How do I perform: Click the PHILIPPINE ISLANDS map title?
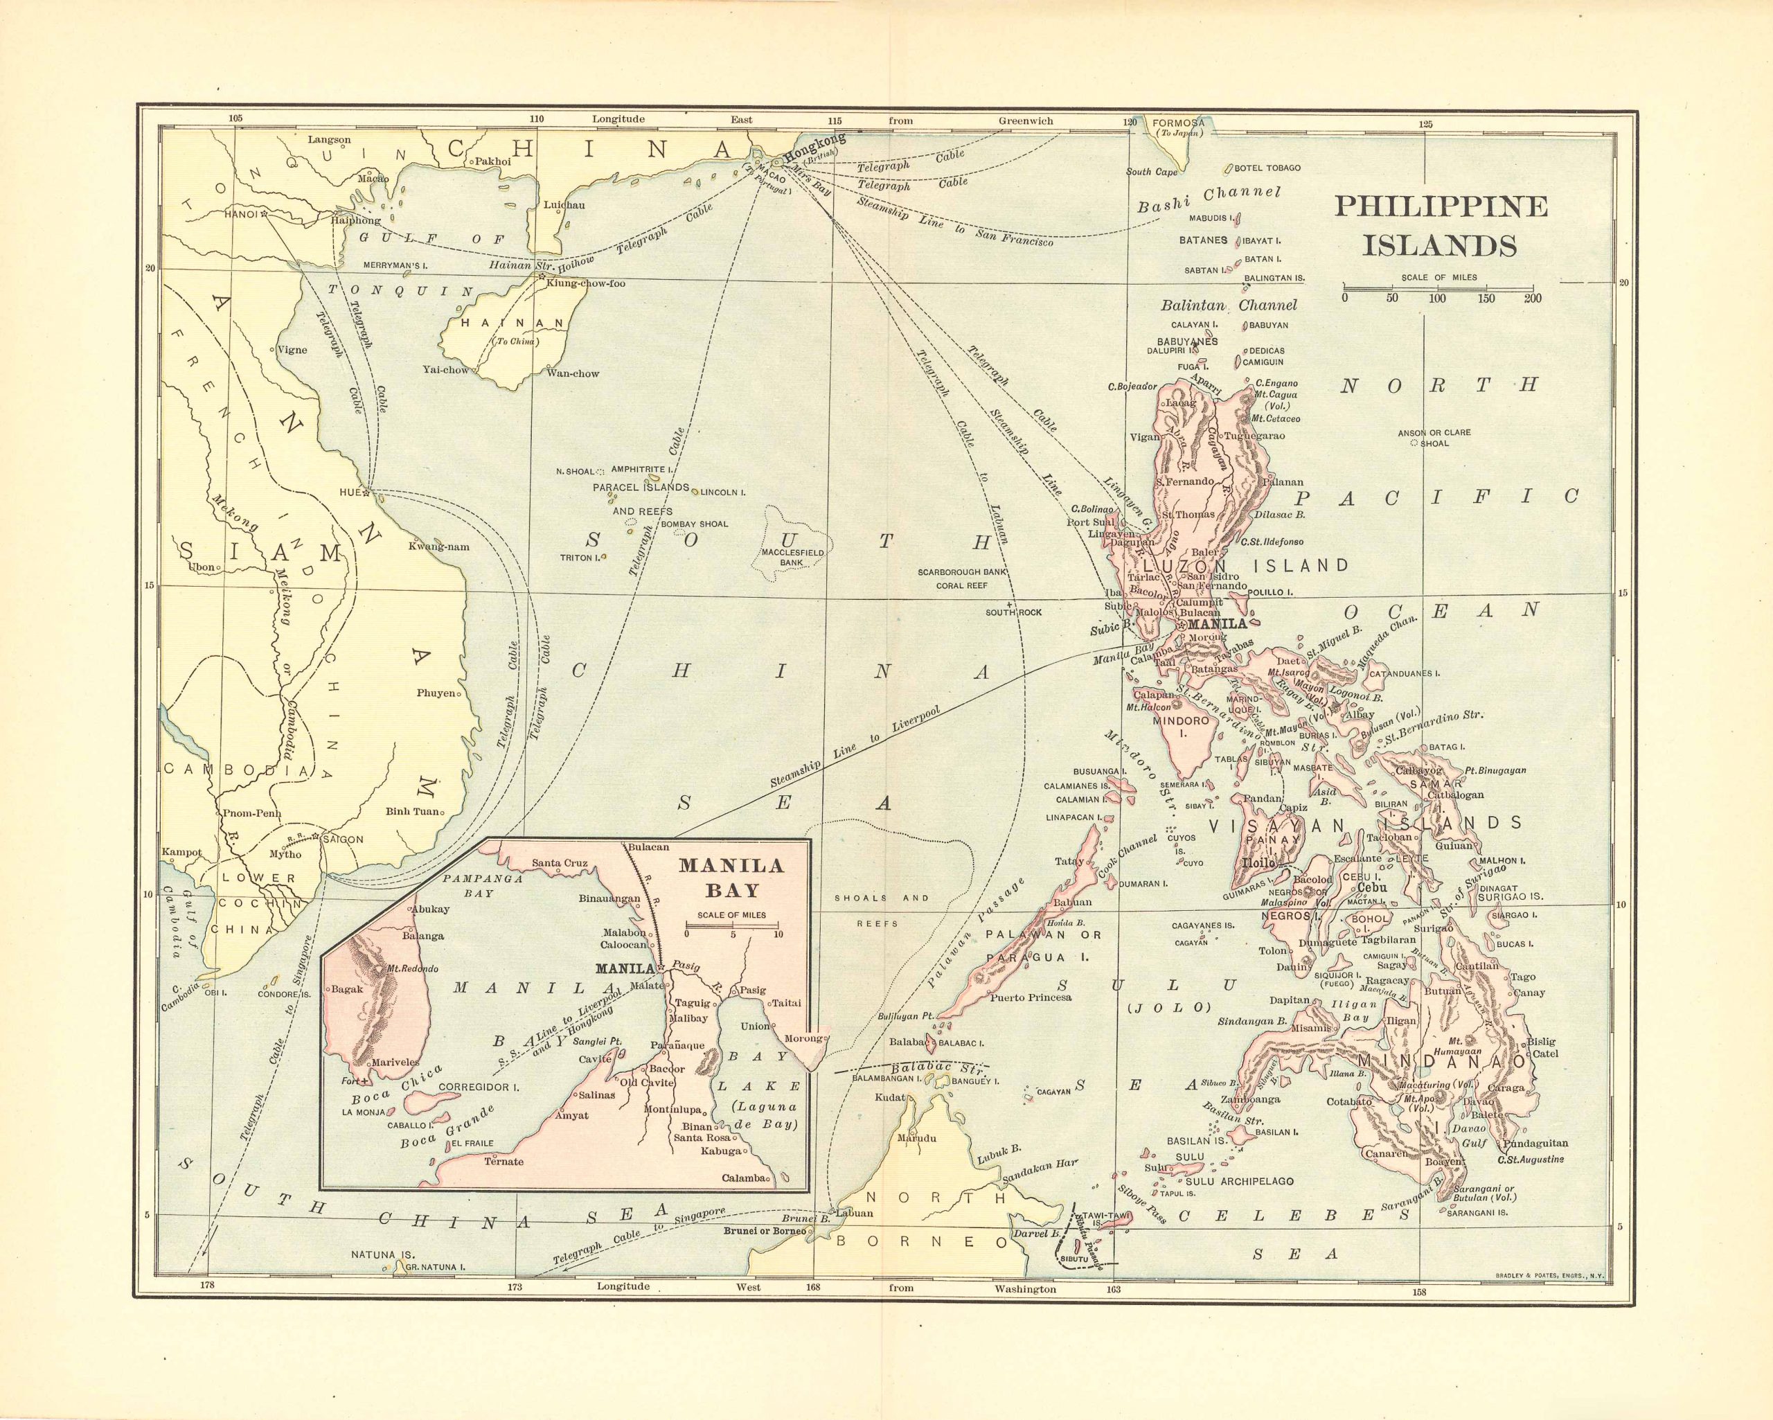pos(1440,225)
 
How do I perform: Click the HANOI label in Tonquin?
pos(241,215)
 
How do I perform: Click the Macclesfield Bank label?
pos(792,558)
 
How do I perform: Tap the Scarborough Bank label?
pos(962,571)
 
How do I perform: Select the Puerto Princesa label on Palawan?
pos(1031,997)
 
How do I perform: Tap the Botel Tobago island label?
pos(1267,168)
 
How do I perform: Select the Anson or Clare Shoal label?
pos(1434,437)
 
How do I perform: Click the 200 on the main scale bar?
pos(1532,298)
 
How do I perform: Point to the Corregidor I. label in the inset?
pos(479,1087)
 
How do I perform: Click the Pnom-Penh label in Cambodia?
pos(251,814)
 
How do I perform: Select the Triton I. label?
pos(578,557)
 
